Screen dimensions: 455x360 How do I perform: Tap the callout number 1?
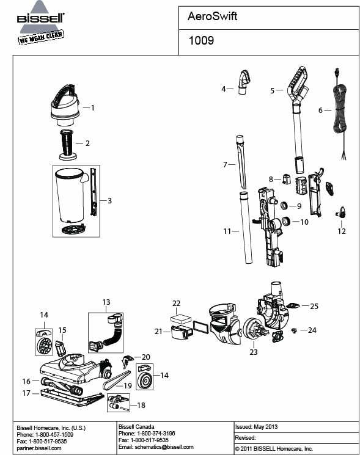(92, 107)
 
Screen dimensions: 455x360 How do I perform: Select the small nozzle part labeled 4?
(244, 81)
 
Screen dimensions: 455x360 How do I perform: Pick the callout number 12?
(342, 231)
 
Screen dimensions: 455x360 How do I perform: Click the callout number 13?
(106, 302)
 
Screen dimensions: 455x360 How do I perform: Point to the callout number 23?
(253, 352)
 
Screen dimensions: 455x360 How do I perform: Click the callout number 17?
(26, 393)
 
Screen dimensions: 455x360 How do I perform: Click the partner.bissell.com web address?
(40, 448)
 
